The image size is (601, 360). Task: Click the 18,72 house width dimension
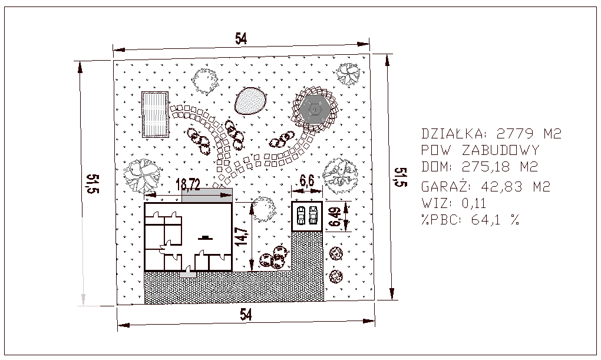(188, 185)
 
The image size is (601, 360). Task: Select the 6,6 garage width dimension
(306, 180)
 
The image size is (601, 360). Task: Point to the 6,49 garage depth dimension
(335, 217)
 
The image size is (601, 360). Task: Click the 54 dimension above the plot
(241, 39)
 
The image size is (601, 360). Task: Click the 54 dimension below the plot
(246, 315)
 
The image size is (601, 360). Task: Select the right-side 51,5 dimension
(400, 177)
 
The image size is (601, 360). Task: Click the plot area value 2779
(515, 134)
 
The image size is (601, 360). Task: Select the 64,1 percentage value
(486, 220)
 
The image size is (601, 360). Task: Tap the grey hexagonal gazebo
(315, 109)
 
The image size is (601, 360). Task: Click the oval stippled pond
(250, 101)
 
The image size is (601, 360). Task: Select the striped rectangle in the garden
(155, 114)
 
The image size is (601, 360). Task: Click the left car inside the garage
(300, 215)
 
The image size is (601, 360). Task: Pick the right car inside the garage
(313, 215)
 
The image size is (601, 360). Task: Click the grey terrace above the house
(207, 195)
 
